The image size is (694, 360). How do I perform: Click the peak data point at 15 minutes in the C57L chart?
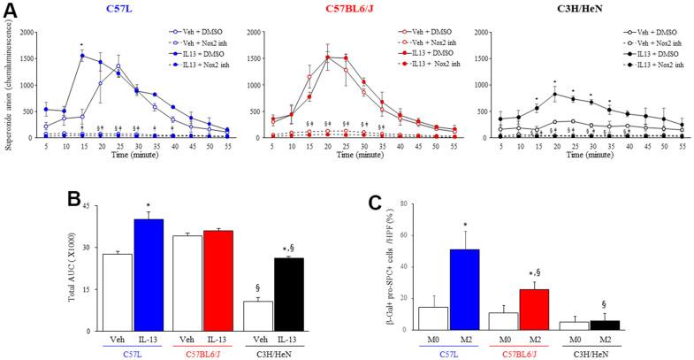82,55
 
